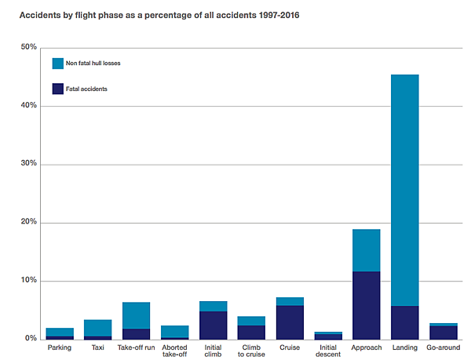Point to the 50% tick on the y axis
pos(28,48)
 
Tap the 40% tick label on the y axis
pos(28,106)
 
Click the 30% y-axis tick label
pos(28,164)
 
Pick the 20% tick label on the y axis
pos(28,223)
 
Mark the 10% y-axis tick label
pos(28,281)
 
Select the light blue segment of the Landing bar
pos(405,188)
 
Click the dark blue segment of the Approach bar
pos(367,306)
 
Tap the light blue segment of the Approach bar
pos(367,250)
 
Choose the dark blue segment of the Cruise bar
pos(290,322)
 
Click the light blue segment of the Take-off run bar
pos(136,315)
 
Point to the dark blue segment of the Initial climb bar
pos(213,325)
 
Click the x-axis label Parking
pos(59,347)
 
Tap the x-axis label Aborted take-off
pos(174,351)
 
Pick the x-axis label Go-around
pos(444,347)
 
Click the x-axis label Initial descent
pos(328,351)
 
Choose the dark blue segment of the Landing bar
pos(405,322)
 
